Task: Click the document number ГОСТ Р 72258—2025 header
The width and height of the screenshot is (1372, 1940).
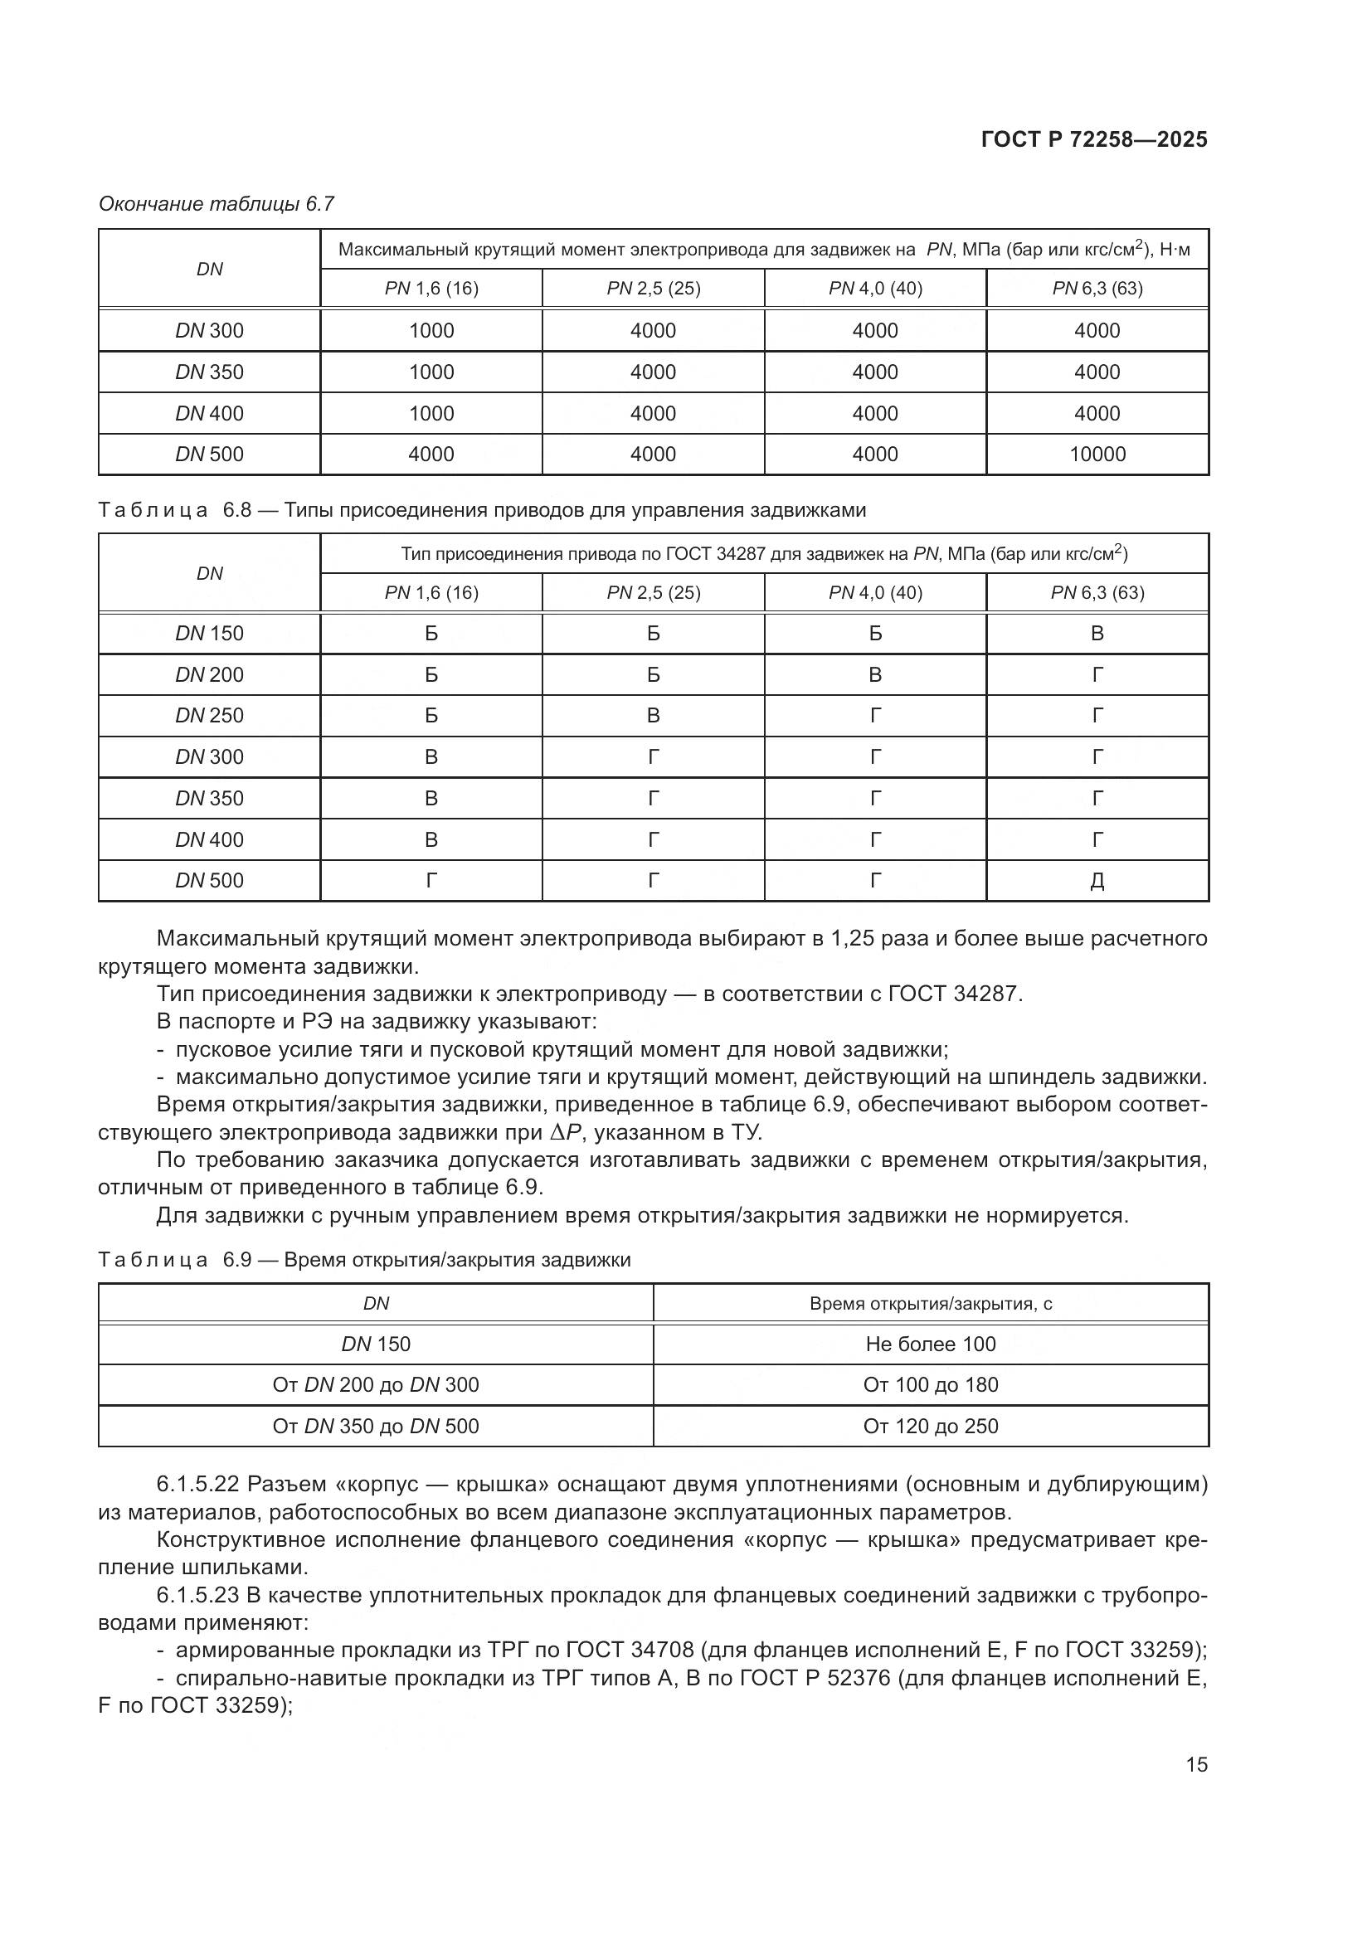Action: [x=1094, y=140]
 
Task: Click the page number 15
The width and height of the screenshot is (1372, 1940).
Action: [x=1196, y=1764]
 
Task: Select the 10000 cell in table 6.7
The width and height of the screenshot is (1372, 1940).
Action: [x=1097, y=455]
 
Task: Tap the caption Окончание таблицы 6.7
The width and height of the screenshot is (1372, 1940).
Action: [x=217, y=204]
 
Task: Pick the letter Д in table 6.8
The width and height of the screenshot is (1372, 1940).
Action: [x=1097, y=882]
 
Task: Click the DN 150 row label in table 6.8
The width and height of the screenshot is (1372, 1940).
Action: [x=209, y=634]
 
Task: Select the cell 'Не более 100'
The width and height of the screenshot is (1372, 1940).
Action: [x=930, y=1344]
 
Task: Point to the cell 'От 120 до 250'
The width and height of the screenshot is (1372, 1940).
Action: [x=930, y=1427]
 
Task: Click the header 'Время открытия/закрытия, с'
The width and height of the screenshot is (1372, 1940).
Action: [x=930, y=1304]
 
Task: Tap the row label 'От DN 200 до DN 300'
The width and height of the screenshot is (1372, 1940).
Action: [x=375, y=1385]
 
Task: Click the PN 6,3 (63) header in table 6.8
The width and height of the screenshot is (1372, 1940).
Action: [x=1097, y=593]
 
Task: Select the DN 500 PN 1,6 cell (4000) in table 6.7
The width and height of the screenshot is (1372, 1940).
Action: [x=431, y=455]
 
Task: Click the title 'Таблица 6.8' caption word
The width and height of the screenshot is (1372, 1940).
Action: [x=153, y=510]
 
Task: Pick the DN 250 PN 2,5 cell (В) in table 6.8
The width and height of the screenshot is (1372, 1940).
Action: [x=653, y=716]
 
